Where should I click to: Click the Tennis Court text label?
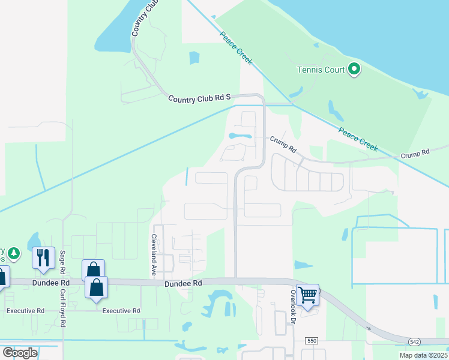tap(321, 70)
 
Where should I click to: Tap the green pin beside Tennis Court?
tap(354, 70)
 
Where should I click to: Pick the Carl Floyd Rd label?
tap(62, 308)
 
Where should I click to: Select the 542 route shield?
tap(415, 341)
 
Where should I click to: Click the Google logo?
tap(20, 352)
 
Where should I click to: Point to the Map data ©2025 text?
tap(423, 355)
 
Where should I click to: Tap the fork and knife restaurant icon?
tap(43, 258)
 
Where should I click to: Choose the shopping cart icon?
tap(307, 295)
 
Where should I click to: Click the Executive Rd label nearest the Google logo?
tap(25, 311)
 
